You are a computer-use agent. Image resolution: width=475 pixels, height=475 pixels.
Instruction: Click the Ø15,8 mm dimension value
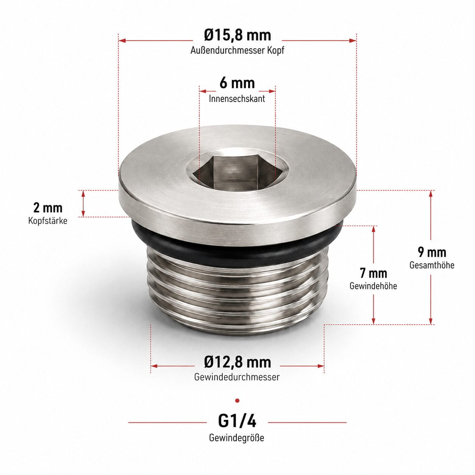237,36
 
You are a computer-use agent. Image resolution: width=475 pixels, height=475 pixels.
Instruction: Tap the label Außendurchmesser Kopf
237,50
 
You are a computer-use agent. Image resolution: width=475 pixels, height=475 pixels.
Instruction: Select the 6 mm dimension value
237,83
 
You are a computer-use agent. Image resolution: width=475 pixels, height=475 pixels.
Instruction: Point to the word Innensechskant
237,98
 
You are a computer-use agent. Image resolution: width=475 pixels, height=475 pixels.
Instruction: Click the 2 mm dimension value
48,208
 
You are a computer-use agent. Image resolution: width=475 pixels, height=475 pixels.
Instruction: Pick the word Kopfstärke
48,220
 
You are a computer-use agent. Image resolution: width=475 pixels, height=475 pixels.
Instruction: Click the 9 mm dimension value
432,252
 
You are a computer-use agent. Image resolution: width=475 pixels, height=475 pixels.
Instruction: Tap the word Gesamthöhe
432,265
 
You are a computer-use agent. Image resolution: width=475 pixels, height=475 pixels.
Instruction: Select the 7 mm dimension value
373,273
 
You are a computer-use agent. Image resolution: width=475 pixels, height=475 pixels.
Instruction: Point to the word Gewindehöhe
373,286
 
